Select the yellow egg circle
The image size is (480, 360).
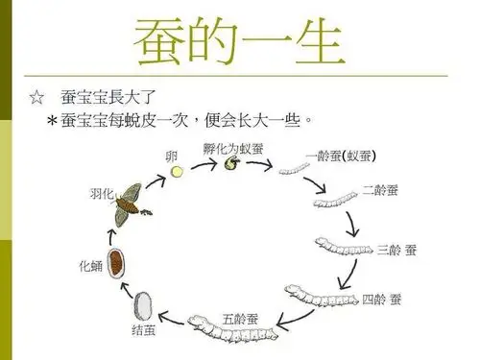tap(177, 171)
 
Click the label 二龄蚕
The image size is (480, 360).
tap(381, 190)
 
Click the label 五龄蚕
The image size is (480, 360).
tap(239, 318)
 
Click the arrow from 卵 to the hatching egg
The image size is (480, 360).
tap(203, 165)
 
